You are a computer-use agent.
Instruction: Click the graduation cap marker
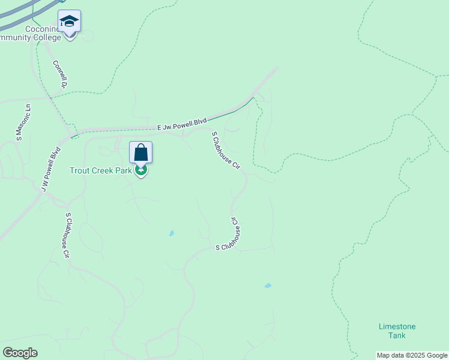pos(70,22)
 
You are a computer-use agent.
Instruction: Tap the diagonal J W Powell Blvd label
pos(51,170)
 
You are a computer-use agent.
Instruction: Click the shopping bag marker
pos(140,152)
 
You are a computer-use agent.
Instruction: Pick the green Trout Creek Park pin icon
pos(141,170)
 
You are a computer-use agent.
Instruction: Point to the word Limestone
pos(397,326)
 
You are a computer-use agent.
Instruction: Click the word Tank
pos(397,335)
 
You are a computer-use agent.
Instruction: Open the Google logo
pos(20,353)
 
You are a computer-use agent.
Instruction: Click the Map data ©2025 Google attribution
pos(412,355)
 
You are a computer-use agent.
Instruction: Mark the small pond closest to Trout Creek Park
pos(172,233)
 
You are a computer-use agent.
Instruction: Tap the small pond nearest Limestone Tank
pos(268,286)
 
